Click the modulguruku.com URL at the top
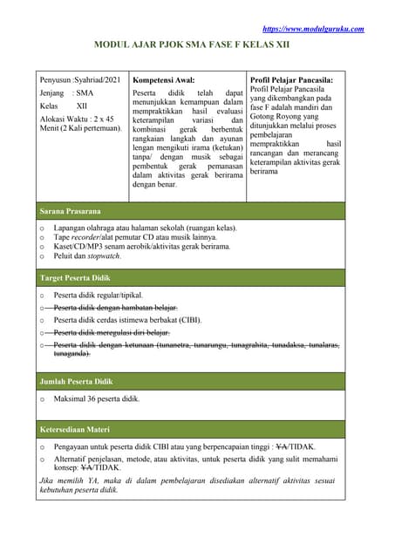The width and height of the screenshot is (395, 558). [313, 29]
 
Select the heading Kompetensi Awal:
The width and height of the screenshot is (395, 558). [163, 79]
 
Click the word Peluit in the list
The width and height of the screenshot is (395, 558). [65, 257]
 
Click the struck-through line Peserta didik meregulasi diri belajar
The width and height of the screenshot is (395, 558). [112, 332]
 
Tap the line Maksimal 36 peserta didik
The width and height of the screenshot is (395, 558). [97, 399]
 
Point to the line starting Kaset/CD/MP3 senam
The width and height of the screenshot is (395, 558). [140, 247]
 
